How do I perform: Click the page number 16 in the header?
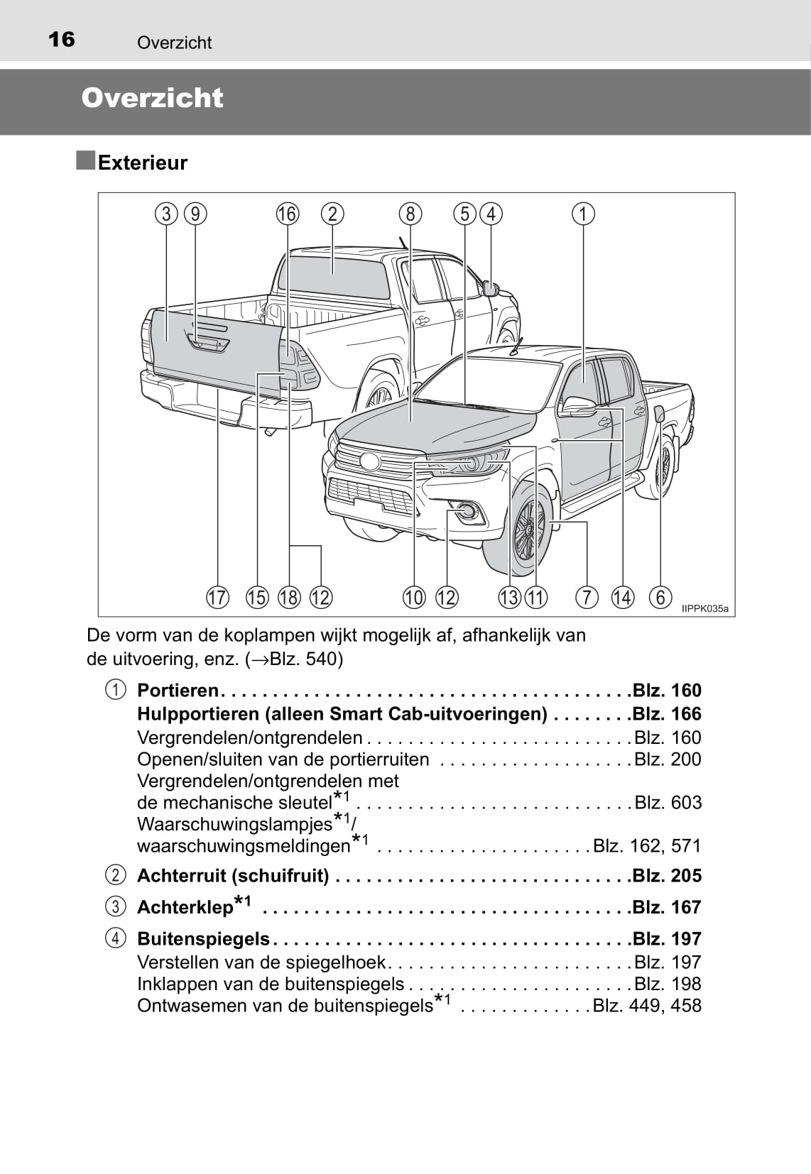tap(62, 39)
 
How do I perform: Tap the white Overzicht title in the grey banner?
tap(152, 98)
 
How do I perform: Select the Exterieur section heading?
tap(142, 163)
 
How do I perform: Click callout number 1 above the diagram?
tap(583, 214)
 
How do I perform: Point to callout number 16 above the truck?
tap(288, 214)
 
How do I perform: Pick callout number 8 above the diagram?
tap(410, 214)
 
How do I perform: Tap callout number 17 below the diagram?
tap(218, 598)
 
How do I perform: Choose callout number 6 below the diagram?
tap(660, 598)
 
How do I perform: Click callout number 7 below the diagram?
tap(587, 598)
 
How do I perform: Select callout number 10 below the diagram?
tap(414, 598)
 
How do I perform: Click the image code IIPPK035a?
tap(704, 609)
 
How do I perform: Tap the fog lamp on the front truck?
tap(467, 509)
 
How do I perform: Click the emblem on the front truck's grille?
tap(370, 461)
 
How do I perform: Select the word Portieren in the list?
tap(178, 691)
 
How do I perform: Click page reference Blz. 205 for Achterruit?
tap(667, 876)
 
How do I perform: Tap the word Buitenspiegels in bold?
tap(203, 939)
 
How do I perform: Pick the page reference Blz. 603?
tap(668, 803)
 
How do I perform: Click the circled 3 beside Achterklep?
tap(115, 907)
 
